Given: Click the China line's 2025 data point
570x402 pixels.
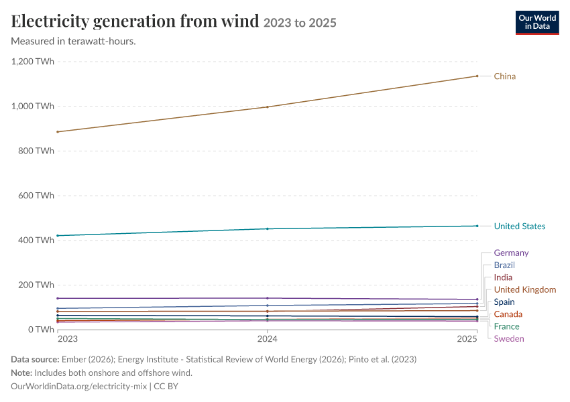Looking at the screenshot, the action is click(x=477, y=76).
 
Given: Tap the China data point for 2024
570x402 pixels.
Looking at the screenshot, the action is click(x=268, y=107).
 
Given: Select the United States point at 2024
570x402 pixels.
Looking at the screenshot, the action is click(x=268, y=228).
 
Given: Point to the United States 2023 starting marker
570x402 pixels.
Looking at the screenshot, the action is click(x=58, y=236).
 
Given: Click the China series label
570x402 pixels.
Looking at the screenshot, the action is click(x=504, y=76).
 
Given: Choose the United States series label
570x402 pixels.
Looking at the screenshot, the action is click(x=520, y=226).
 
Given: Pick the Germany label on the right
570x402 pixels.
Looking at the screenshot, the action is click(x=511, y=253).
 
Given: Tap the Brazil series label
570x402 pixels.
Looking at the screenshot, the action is click(x=504, y=265).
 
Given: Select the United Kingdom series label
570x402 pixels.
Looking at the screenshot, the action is click(x=525, y=289).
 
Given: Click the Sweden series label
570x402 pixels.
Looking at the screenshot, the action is click(x=509, y=338).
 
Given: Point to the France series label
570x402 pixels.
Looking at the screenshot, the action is click(x=506, y=326).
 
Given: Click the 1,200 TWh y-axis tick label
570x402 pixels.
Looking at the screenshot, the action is click(x=33, y=62).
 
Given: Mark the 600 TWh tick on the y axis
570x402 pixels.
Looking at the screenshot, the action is click(x=36, y=196).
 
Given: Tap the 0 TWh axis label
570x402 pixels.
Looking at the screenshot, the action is click(x=41, y=330).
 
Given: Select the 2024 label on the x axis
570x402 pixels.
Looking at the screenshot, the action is click(x=267, y=339).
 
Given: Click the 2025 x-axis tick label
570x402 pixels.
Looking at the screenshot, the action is click(x=467, y=339).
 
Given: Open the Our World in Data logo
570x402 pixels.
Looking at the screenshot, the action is click(x=537, y=23).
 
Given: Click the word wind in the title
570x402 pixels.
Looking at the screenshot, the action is click(x=240, y=21).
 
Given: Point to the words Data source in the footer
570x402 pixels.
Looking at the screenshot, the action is click(x=35, y=359).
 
